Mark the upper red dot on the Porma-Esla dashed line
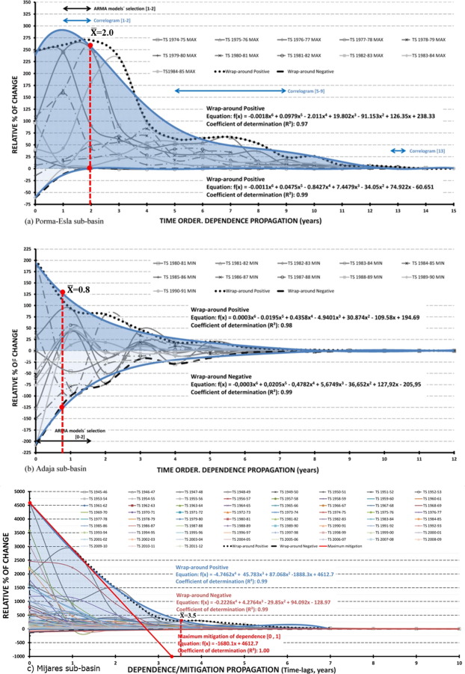[90, 46]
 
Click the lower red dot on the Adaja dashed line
[61, 407]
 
